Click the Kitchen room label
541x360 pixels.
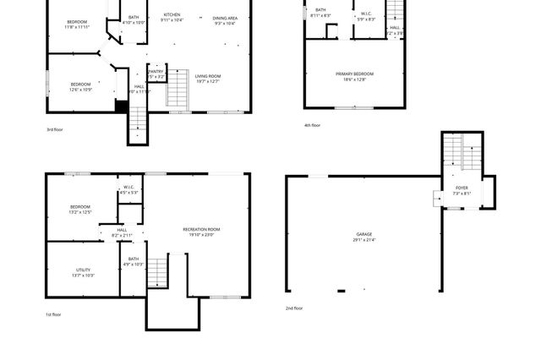[x=172, y=15]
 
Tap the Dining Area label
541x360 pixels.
[x=225, y=18]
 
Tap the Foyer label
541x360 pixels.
[x=462, y=188]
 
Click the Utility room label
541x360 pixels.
[x=83, y=270]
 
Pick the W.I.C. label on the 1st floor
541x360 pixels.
[x=129, y=188]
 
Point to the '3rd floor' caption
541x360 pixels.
[x=55, y=129]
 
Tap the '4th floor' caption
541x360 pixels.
[x=312, y=125]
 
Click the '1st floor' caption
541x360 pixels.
[x=52, y=314]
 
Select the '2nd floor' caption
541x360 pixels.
[x=294, y=308]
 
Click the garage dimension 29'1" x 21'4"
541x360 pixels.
[x=363, y=240]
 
